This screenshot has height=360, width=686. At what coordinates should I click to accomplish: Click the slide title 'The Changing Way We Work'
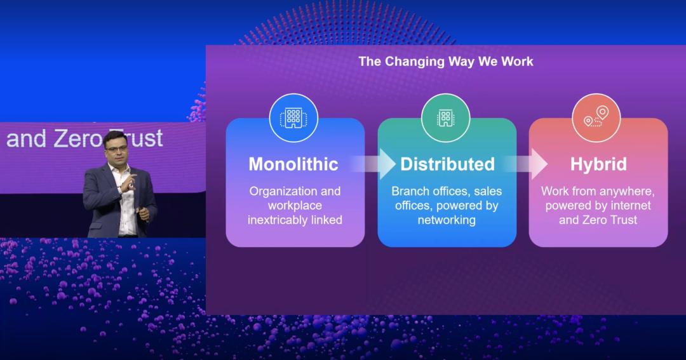(446, 61)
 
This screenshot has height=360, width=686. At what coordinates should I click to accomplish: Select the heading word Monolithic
(293, 164)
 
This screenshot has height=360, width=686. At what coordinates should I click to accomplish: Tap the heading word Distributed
(448, 164)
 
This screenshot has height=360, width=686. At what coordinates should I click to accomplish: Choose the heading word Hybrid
(598, 164)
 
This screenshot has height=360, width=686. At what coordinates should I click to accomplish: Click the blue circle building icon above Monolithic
(293, 118)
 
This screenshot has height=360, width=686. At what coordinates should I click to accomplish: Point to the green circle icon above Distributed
(446, 118)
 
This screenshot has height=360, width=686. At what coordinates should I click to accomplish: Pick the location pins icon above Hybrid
(596, 118)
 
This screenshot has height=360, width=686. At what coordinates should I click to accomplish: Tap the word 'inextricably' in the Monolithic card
(277, 220)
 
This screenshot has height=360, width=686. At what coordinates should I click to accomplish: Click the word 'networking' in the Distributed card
(447, 220)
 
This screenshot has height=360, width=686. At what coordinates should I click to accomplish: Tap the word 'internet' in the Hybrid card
(631, 205)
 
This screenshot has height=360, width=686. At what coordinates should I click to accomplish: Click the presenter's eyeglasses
(116, 149)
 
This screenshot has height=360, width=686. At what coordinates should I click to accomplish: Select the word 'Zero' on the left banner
(78, 138)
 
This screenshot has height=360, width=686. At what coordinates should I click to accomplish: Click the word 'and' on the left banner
(26, 138)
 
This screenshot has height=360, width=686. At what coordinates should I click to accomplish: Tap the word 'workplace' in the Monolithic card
(295, 206)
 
